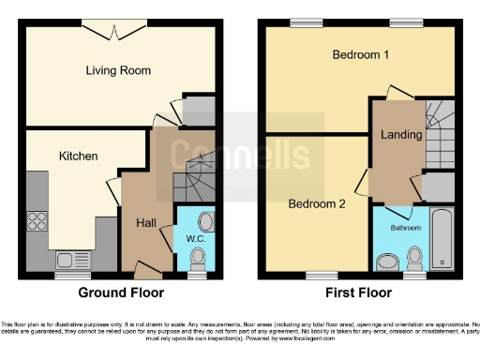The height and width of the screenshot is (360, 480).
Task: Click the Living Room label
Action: pyautogui.click(x=118, y=70)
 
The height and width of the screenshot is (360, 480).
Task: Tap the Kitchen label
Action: pyautogui.click(x=79, y=156)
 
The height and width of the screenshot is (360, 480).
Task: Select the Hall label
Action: pyautogui.click(x=146, y=222)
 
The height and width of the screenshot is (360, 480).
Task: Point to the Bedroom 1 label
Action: pyautogui.click(x=361, y=54)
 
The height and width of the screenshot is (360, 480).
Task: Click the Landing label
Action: pyautogui.click(x=401, y=135)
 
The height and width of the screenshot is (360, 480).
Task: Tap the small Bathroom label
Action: pyautogui.click(x=405, y=228)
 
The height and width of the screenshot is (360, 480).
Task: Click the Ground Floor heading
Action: pyautogui.click(x=123, y=293)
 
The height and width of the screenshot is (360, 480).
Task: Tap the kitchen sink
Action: pyautogui.click(x=67, y=260)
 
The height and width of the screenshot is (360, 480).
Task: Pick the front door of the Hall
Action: pyautogui.click(x=145, y=267)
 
